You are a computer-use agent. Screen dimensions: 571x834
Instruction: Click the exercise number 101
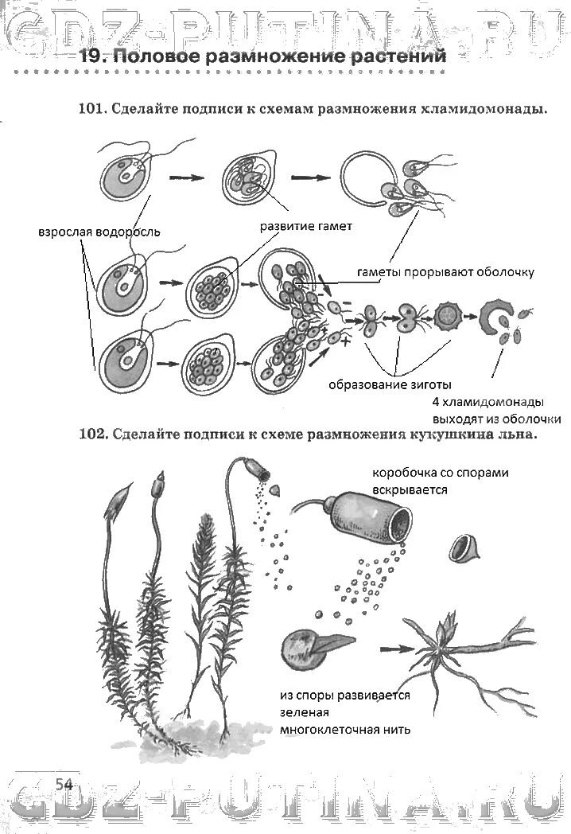92,110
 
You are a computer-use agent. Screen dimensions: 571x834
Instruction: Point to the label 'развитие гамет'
306,226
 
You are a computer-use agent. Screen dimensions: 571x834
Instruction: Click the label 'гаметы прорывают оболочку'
433,271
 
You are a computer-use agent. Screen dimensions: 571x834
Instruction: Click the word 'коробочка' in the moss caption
402,473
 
